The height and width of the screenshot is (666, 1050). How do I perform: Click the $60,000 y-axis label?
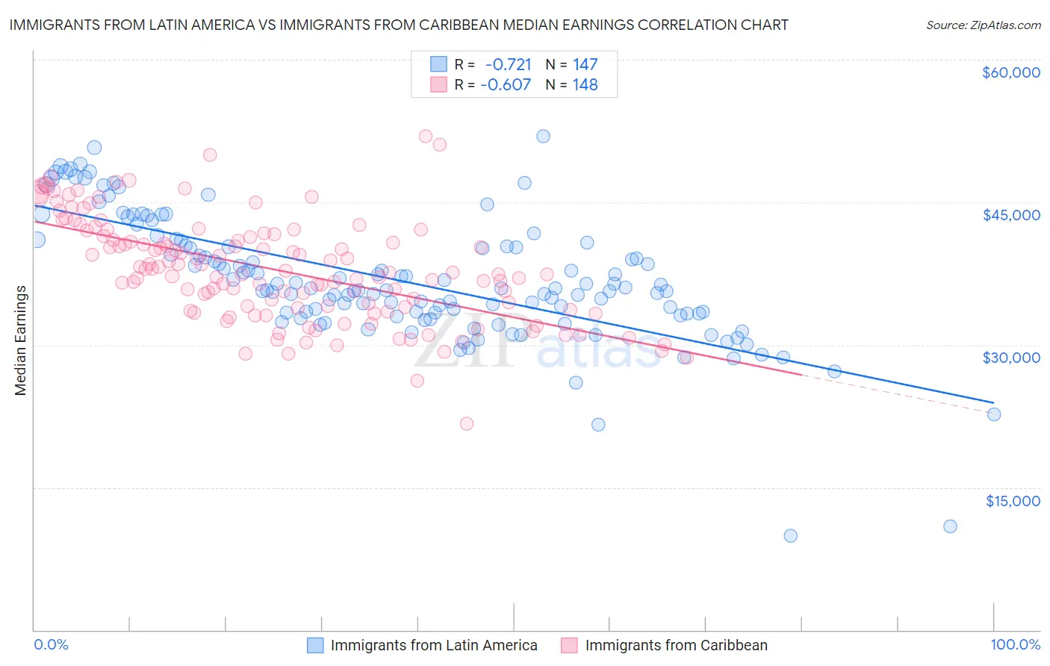click(1010, 72)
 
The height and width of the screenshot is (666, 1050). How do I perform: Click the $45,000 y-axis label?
click(1010, 215)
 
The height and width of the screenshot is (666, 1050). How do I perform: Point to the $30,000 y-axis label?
click(1010, 358)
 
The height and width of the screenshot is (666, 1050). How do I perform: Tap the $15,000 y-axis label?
click(1013, 501)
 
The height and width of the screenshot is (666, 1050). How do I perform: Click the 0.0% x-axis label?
click(52, 645)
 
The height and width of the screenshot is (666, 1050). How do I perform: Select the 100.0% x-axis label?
click(1015, 645)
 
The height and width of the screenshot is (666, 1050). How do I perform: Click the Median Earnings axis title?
click(21, 340)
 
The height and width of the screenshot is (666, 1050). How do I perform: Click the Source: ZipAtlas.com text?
click(983, 25)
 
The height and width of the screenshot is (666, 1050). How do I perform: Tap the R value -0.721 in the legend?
click(508, 64)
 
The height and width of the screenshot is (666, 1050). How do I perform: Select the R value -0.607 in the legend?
click(506, 85)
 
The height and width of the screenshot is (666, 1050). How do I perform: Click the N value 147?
click(585, 64)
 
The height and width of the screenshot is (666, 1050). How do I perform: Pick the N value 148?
click(585, 85)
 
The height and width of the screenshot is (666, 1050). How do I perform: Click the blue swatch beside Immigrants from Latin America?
click(316, 646)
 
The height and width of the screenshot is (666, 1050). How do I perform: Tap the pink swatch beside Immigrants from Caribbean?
click(570, 646)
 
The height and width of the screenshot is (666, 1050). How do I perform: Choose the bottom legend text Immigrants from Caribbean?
click(676, 646)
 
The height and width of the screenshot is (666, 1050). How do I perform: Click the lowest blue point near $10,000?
click(790, 535)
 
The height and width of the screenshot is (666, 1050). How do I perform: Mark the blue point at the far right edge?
click(994, 414)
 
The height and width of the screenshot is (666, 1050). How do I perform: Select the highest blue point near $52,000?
click(543, 136)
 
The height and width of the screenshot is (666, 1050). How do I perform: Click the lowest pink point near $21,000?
click(467, 423)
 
